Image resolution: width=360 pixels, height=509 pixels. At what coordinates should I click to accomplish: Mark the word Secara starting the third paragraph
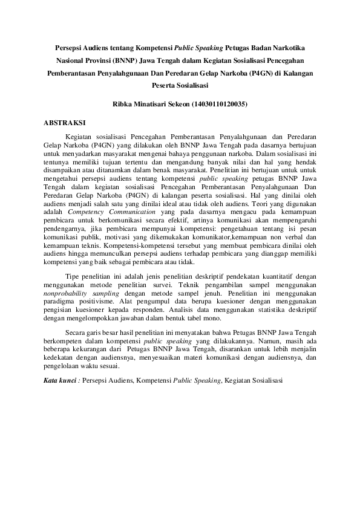76,332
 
